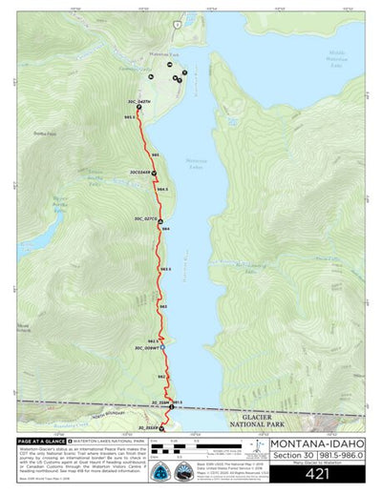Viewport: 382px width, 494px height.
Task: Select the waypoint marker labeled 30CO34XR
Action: coord(153,173)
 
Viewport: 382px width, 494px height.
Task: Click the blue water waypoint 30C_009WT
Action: coord(163,348)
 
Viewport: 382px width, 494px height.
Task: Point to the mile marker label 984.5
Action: coord(162,189)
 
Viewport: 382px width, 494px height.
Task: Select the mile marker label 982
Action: coord(161,376)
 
